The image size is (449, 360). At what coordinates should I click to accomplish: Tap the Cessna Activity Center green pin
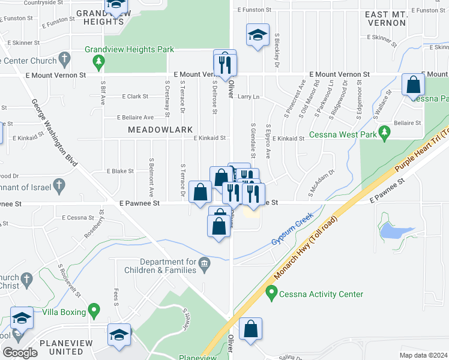[271, 294]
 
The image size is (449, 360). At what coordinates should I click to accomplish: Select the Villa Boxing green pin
[94, 311]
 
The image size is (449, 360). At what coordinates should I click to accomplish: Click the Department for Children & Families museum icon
[204, 262]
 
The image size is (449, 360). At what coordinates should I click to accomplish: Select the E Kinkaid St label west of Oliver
[209, 138]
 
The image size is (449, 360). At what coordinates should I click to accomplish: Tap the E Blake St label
[120, 171]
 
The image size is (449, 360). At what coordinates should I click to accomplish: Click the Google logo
[20, 353]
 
